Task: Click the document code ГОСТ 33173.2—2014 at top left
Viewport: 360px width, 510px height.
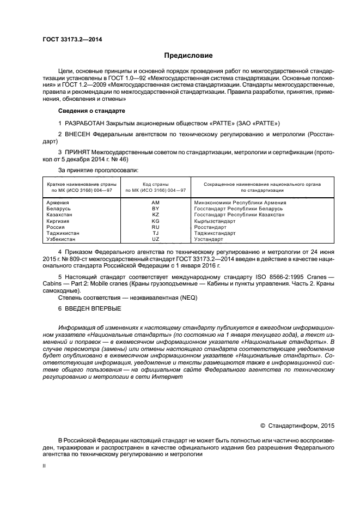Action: (x=72, y=39)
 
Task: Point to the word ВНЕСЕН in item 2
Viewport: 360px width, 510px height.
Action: (x=81, y=133)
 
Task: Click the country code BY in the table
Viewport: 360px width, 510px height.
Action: (x=155, y=208)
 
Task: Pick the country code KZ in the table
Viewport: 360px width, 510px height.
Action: (x=155, y=215)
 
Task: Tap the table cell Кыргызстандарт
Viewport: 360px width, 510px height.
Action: (x=215, y=221)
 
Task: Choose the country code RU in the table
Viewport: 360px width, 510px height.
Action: (x=155, y=227)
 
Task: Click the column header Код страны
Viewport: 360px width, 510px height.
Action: (x=155, y=184)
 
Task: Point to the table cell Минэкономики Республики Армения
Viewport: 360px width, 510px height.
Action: (x=240, y=202)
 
